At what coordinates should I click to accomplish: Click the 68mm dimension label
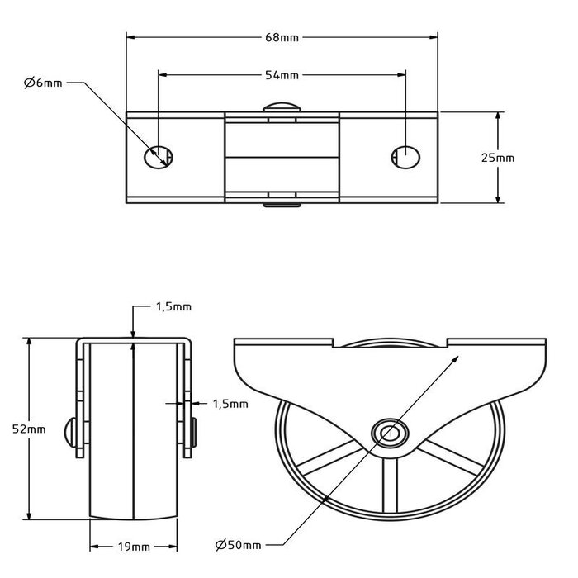[282, 36]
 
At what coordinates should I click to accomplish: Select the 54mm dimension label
[282, 75]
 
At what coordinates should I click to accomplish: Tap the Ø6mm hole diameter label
[43, 83]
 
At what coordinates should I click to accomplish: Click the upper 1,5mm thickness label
[173, 306]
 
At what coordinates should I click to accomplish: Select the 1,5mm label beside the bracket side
[230, 404]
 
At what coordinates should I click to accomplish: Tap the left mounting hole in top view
[157, 155]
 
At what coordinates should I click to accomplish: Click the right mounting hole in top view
[405, 155]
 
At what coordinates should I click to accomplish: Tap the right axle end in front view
[194, 432]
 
